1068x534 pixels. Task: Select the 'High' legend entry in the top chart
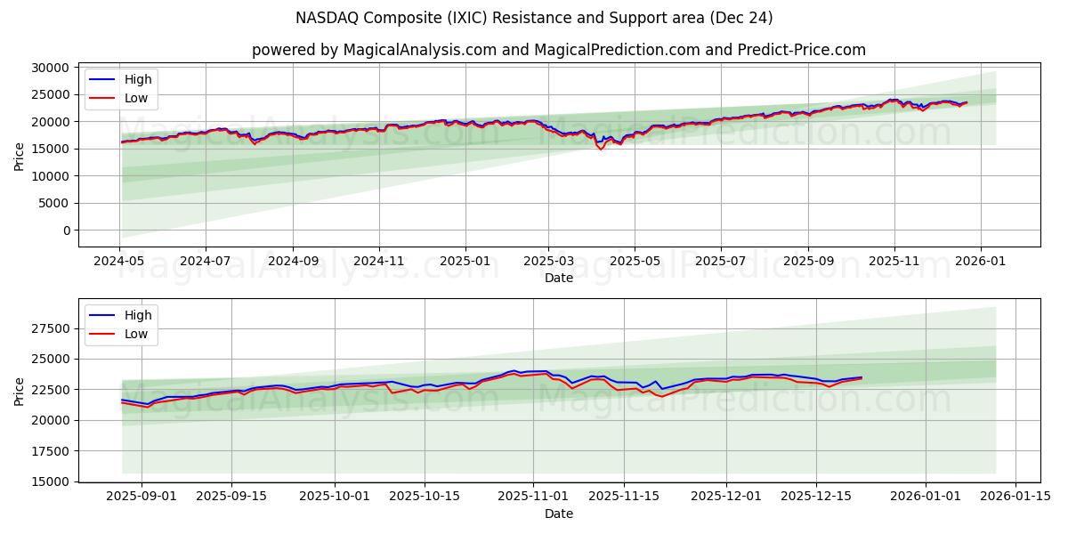click(138, 79)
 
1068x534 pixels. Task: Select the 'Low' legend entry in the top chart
click(136, 99)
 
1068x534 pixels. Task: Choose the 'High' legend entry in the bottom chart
click(138, 315)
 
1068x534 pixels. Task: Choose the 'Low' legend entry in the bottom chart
click(136, 334)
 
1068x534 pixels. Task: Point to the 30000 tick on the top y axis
click(50, 68)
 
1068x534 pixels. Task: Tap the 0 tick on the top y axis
click(65, 231)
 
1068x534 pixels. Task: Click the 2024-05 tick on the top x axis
click(119, 263)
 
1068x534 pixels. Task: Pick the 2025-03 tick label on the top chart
click(548, 263)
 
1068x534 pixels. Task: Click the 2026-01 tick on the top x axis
click(980, 263)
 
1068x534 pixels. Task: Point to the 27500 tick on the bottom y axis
click(50, 328)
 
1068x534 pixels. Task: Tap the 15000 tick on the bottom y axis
click(50, 481)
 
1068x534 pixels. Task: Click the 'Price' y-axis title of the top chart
click(20, 156)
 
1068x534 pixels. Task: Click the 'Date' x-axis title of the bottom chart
click(558, 514)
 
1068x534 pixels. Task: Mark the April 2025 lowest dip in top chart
click(601, 149)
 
